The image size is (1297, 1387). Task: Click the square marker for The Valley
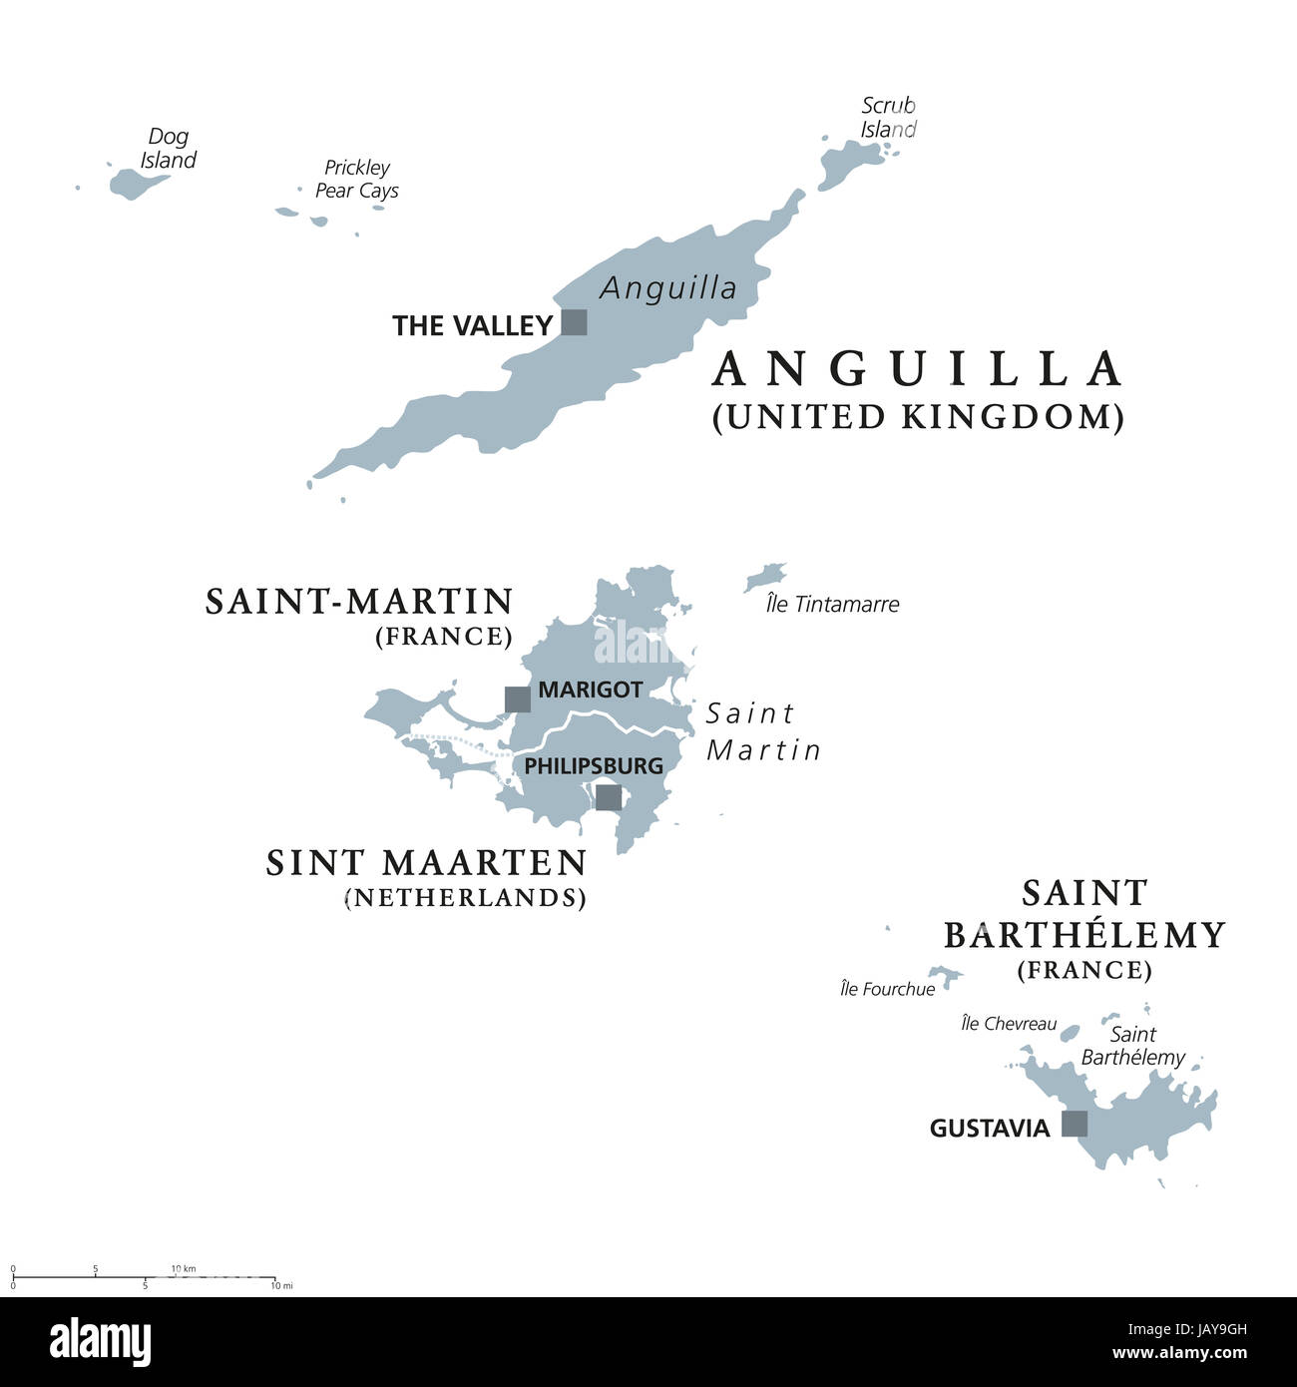[574, 322]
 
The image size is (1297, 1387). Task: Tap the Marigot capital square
[517, 698]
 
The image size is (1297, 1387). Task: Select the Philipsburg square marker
[608, 797]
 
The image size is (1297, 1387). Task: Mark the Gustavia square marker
[1074, 1124]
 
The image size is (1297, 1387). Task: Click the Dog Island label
[168, 148]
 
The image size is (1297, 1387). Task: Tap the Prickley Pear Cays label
[356, 180]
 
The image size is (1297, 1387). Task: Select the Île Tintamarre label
[832, 604]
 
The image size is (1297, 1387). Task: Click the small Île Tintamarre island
[765, 578]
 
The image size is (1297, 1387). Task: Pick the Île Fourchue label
[887, 989]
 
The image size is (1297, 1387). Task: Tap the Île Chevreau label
[1009, 1024]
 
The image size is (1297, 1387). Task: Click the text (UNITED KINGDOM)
[918, 416]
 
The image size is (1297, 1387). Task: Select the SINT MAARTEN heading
[426, 862]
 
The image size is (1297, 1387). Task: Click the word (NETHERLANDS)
[465, 897]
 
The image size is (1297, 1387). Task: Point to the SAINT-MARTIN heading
[359, 602]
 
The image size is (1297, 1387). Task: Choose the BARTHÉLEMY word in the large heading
[1084, 935]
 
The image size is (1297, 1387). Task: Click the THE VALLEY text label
[472, 325]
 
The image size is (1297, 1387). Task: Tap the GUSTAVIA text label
[989, 1129]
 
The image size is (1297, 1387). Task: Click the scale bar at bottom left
[144, 1277]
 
